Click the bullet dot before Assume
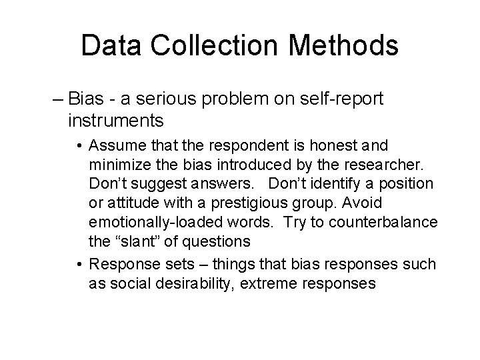(79, 145)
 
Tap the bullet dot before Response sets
(79, 265)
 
